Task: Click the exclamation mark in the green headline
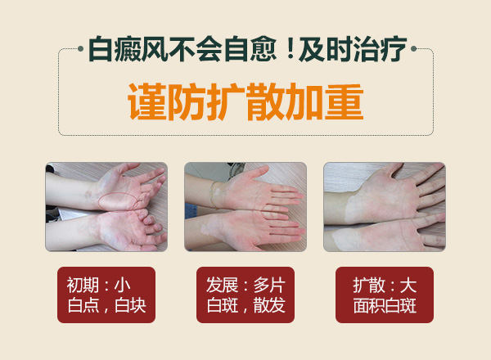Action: click(x=291, y=49)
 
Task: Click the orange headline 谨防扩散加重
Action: click(x=245, y=102)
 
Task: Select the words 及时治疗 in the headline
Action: click(x=353, y=49)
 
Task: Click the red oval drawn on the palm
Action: click(x=118, y=200)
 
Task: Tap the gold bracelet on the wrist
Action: click(x=214, y=195)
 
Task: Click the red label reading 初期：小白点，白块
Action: click(x=106, y=295)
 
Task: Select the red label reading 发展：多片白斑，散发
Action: click(x=245, y=295)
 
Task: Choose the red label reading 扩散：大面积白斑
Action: click(x=385, y=295)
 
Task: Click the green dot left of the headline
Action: click(x=80, y=48)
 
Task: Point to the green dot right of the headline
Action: click(x=413, y=48)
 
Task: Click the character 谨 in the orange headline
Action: click(x=147, y=102)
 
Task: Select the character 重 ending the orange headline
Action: click(x=345, y=102)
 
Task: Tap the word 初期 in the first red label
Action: click(x=83, y=286)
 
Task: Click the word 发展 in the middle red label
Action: click(x=222, y=286)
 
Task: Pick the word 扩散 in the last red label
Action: click(x=369, y=286)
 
